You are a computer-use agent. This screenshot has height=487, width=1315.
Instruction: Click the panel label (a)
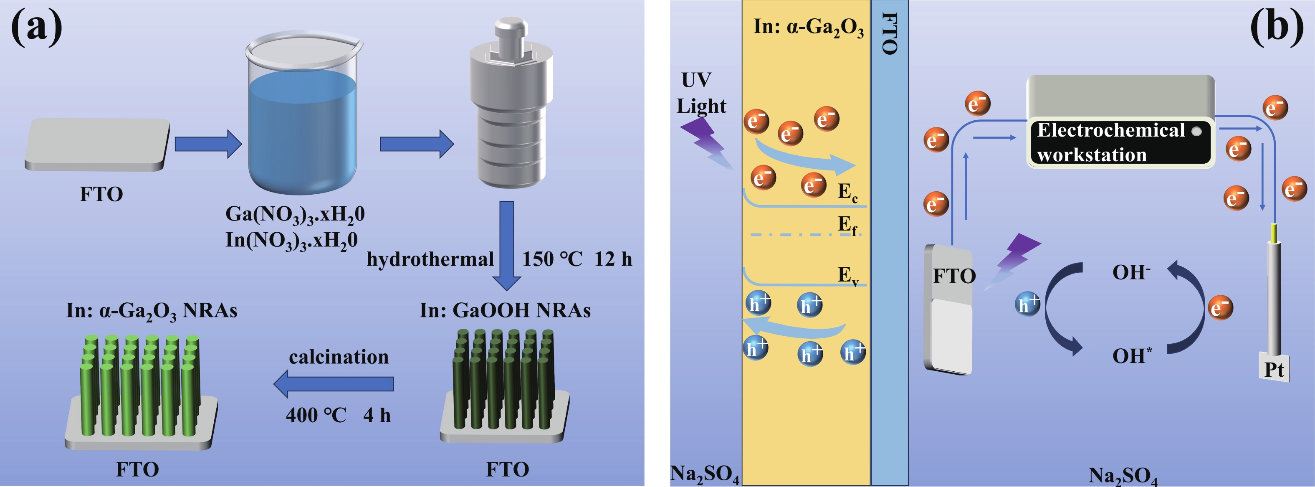coord(37,27)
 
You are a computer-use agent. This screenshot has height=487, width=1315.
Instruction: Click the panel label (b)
coord(1276,27)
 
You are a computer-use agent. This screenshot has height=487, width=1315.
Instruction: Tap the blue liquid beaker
coord(303,128)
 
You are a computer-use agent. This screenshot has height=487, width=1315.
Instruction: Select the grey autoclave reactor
coord(511,107)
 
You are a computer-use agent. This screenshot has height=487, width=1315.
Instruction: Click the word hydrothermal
coord(430,259)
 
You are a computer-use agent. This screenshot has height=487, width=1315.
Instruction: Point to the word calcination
coord(339,357)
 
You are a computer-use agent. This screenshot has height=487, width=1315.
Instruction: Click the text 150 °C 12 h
coord(577,259)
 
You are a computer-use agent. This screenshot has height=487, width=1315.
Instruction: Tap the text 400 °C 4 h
coord(338,415)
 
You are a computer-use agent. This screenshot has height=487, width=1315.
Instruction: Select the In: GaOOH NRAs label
coord(505,310)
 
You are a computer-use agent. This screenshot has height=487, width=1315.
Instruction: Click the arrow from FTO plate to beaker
coord(208,144)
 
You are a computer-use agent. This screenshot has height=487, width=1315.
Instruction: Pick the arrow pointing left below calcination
coord(334,384)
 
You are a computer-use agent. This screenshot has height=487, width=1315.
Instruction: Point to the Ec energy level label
coord(847,192)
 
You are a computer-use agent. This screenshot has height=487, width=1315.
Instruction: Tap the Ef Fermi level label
coord(847,225)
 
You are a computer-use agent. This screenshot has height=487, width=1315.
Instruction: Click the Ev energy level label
coord(847,276)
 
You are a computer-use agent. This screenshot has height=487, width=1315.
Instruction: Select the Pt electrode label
coord(1274,370)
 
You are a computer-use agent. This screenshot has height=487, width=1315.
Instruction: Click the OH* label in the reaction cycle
coord(1132,356)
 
